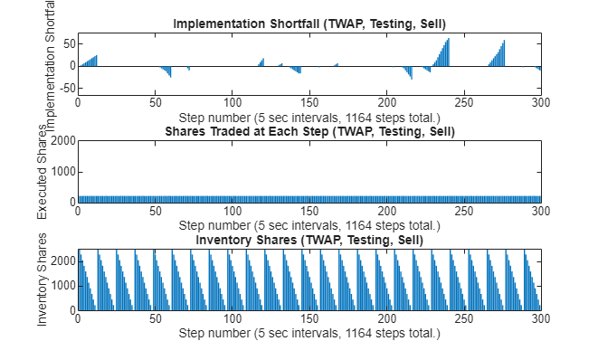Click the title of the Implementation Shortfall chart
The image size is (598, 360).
309,24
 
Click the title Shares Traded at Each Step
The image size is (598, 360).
309,132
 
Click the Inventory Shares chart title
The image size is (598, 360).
309,240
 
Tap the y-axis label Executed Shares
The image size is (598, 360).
42,183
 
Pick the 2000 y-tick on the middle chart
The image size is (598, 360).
61,141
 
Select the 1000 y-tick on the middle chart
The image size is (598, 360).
61,172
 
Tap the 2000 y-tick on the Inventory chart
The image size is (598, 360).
61,261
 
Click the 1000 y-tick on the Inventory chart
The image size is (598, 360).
61,286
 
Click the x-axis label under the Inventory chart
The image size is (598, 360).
309,333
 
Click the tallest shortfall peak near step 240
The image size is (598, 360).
448,40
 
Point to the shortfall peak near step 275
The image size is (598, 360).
503,42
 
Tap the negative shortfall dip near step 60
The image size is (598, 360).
170,76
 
